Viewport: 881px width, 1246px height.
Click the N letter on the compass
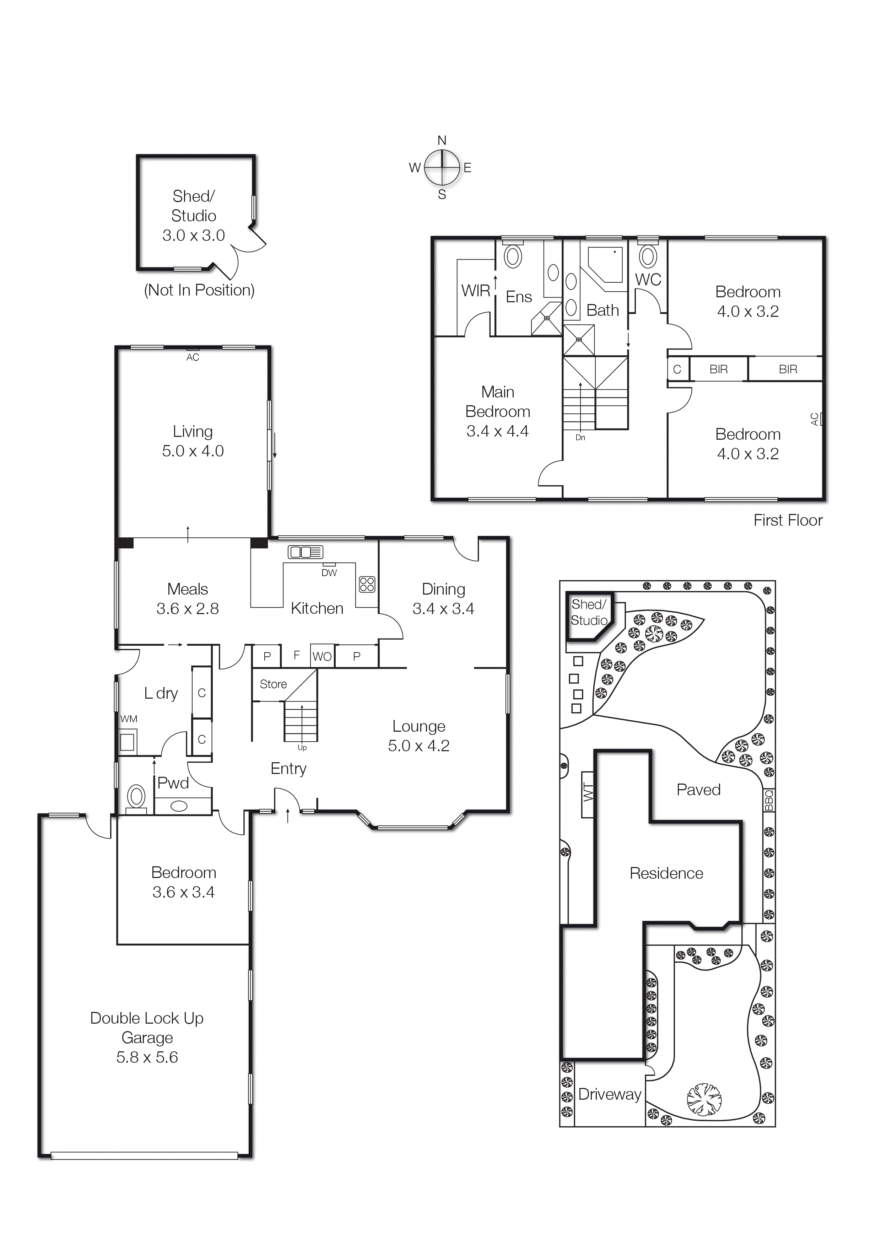(x=442, y=141)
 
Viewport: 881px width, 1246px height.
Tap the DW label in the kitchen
(x=329, y=573)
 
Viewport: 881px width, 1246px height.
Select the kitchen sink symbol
(x=305, y=552)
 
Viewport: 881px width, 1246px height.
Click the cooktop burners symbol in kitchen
(x=367, y=585)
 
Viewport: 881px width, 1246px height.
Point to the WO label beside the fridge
(x=322, y=657)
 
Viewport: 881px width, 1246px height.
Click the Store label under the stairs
(x=273, y=684)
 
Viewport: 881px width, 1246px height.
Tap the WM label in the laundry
(x=129, y=719)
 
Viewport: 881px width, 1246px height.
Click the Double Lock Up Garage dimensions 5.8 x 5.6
(x=147, y=1057)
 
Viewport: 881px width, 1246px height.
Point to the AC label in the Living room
(x=193, y=357)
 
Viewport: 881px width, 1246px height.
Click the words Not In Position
(x=199, y=290)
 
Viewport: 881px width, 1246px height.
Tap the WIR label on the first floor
(x=476, y=291)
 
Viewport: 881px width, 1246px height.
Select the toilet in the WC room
(x=648, y=257)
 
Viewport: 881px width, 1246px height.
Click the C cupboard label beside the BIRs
(x=677, y=369)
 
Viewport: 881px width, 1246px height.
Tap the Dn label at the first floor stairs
(x=580, y=437)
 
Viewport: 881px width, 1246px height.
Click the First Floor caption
(x=788, y=520)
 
